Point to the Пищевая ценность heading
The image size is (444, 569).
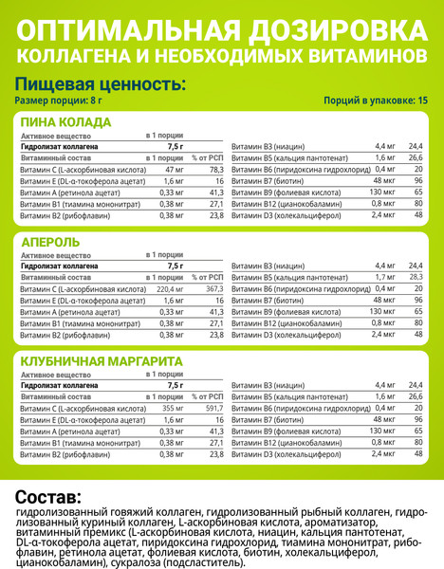(100, 84)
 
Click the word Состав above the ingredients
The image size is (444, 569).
(49, 496)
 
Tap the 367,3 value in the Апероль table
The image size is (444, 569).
(213, 287)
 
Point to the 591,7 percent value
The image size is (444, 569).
(213, 406)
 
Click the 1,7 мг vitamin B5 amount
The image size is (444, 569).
(384, 277)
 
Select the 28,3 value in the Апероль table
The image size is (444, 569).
(416, 277)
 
